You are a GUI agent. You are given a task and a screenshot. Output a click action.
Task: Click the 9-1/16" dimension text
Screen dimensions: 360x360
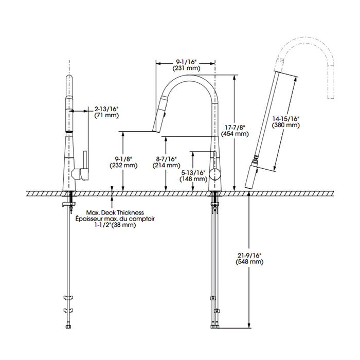point(186,62)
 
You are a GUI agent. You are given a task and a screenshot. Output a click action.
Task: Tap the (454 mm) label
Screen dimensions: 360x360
point(235,134)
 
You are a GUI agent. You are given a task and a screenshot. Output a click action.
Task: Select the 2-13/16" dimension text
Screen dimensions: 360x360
point(106,109)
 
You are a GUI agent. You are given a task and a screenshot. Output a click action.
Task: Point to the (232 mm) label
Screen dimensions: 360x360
point(123,165)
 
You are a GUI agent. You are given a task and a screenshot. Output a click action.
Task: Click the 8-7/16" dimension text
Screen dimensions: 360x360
point(167,159)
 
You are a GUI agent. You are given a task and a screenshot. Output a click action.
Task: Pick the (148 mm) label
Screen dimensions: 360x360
point(193,178)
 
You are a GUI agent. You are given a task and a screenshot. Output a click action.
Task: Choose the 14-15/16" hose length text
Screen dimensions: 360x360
point(286,119)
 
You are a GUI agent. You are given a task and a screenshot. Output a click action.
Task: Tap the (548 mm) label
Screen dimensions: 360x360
point(249,261)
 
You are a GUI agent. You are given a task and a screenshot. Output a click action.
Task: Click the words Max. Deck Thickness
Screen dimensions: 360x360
point(115,212)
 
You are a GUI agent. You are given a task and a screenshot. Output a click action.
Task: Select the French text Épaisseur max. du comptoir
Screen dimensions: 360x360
point(115,219)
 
